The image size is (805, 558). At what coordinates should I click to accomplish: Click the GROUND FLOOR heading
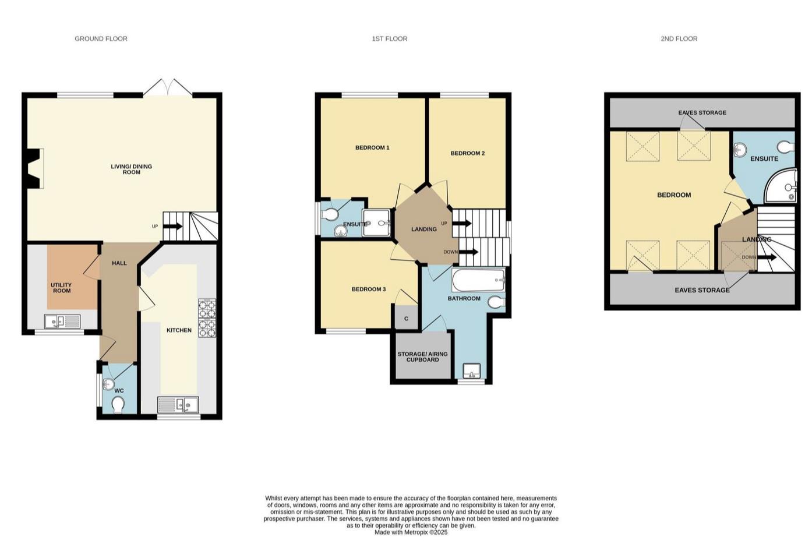pyautogui.click(x=101, y=38)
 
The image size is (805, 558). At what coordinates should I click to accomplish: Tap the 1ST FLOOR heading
pyautogui.click(x=389, y=38)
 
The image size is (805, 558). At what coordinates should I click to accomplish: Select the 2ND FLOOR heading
pyautogui.click(x=679, y=38)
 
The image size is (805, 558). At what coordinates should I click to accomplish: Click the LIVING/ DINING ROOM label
pyautogui.click(x=131, y=169)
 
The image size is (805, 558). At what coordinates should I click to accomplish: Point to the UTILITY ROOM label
pyautogui.click(x=62, y=288)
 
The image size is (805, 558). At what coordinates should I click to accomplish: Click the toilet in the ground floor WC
pyautogui.click(x=118, y=404)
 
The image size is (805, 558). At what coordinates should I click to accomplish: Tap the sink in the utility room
pyautogui.click(x=62, y=320)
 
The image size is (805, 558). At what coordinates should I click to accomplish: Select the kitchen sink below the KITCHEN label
pyautogui.click(x=178, y=404)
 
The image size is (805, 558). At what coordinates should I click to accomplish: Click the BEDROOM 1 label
pyautogui.click(x=372, y=147)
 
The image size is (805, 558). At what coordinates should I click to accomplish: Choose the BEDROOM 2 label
pyautogui.click(x=467, y=153)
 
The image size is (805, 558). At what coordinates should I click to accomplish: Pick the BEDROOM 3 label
pyautogui.click(x=368, y=289)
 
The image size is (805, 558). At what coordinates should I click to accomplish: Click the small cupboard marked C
pyautogui.click(x=406, y=318)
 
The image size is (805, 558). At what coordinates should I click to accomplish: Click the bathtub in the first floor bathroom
pyautogui.click(x=478, y=280)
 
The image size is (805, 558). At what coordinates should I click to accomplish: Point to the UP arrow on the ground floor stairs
pyautogui.click(x=173, y=227)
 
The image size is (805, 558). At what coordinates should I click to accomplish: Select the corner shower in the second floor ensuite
pyautogui.click(x=782, y=186)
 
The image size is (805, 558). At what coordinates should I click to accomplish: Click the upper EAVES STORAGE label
pyautogui.click(x=702, y=112)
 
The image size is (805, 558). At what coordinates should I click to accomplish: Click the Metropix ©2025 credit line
pyautogui.click(x=411, y=532)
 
